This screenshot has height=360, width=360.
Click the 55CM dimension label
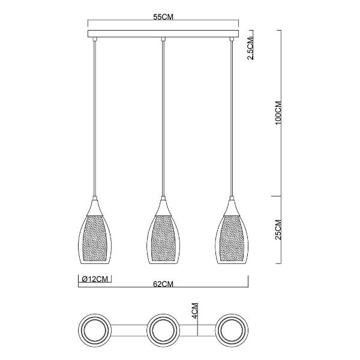(x=163, y=17)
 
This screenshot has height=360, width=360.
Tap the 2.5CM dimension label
(x=250, y=48)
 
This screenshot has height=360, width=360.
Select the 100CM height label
(x=278, y=113)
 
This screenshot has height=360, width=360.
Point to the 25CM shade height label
(x=278, y=230)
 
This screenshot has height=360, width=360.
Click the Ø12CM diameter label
(x=95, y=279)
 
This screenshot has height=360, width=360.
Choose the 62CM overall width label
(x=163, y=284)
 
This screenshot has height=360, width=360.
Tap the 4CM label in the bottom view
(x=194, y=311)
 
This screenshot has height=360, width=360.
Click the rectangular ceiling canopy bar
(x=163, y=34)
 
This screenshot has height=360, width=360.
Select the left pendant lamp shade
(x=95, y=232)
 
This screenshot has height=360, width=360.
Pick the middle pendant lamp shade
(x=163, y=232)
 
